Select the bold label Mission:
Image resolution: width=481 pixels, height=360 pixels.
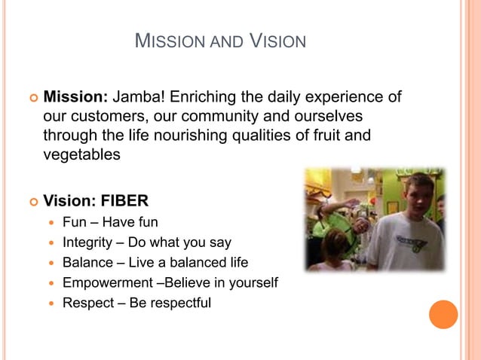[77, 97]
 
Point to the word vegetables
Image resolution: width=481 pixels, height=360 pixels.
[81, 154]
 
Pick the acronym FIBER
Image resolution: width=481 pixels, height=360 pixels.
[124, 201]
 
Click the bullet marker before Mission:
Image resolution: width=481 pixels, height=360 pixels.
[32, 98]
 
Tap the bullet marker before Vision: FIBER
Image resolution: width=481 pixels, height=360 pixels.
[32, 202]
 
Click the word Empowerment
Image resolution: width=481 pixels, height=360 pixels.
[105, 283]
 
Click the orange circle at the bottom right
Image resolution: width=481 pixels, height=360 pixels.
[443, 314]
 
